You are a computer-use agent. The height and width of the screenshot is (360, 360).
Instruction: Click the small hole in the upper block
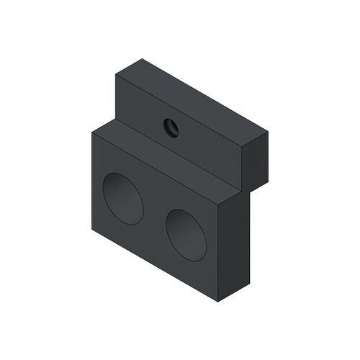click(171, 127)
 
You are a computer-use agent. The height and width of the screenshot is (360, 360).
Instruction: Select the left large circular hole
click(122, 198)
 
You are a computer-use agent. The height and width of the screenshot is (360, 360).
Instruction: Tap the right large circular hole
click(186, 234)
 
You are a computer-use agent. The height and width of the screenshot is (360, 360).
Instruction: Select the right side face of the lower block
click(234, 245)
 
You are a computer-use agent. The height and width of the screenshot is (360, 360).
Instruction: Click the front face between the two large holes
click(154, 216)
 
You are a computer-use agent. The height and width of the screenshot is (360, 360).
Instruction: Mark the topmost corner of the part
click(142, 59)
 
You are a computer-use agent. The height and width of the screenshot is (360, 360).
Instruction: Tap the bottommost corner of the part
click(219, 301)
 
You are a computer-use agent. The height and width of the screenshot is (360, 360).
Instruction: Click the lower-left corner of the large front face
click(91, 230)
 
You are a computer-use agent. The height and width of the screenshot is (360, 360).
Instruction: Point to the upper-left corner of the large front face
click(91, 132)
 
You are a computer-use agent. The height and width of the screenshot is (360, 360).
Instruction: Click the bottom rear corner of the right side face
click(250, 282)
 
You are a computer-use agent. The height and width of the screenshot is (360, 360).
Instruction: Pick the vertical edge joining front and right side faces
click(219, 252)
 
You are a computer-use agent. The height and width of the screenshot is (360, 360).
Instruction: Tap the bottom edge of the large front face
click(155, 266)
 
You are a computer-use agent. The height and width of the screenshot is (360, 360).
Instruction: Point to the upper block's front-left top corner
click(116, 75)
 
